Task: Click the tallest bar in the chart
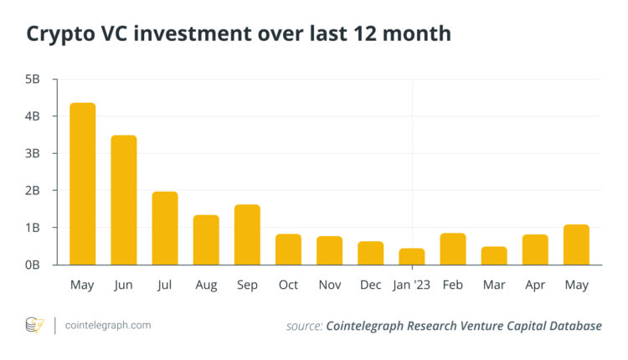(x=82, y=184)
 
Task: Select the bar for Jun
(x=123, y=200)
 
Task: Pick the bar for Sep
(x=247, y=234)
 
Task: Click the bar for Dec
(x=370, y=253)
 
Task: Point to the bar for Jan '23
(x=411, y=256)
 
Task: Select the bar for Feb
(x=453, y=249)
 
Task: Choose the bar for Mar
(x=494, y=255)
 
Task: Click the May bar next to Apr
(x=576, y=244)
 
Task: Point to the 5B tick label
(x=31, y=80)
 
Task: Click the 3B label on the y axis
(x=31, y=153)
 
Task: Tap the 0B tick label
(x=31, y=265)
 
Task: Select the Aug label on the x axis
(x=206, y=285)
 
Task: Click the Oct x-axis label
(x=288, y=285)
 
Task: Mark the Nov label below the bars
(x=329, y=285)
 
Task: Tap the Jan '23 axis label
(x=411, y=285)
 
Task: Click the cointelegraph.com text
(x=108, y=325)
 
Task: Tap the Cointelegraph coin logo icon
(x=35, y=325)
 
